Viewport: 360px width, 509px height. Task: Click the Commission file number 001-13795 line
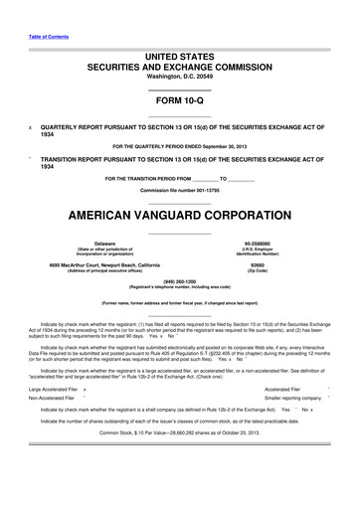[x=179, y=189]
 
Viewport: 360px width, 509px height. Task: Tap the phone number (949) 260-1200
[x=179, y=280]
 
